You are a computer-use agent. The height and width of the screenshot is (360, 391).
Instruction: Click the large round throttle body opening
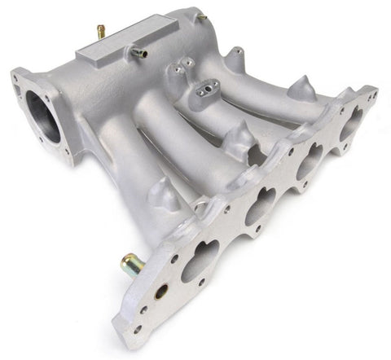(42, 116)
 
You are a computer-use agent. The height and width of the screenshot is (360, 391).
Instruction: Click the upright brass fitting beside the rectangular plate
(102, 32)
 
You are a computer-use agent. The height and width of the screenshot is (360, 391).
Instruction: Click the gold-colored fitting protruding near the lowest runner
(132, 265)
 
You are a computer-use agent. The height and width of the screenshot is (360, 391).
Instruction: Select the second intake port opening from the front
(260, 206)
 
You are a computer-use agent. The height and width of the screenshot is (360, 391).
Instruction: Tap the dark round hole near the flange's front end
(161, 291)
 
